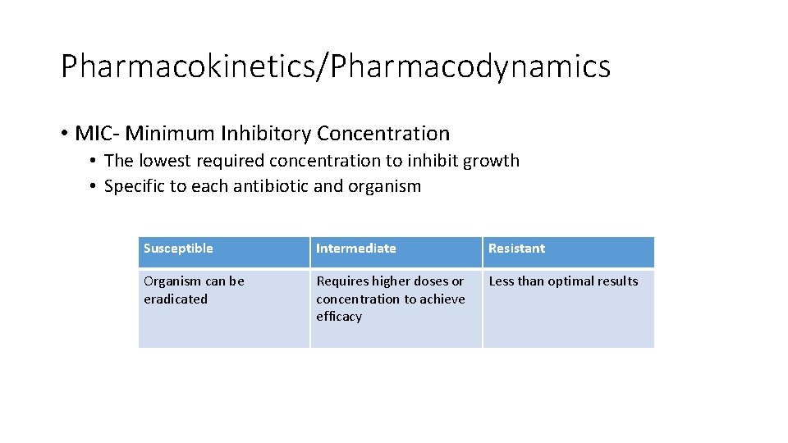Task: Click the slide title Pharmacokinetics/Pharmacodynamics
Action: coord(335,66)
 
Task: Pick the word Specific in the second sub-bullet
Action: coord(135,186)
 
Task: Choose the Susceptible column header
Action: coord(178,249)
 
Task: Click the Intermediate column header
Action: coord(355,249)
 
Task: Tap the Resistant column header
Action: coord(516,249)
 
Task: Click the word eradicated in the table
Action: coord(176,299)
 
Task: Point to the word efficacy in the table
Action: coord(339,317)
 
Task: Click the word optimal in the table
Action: coord(571,281)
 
